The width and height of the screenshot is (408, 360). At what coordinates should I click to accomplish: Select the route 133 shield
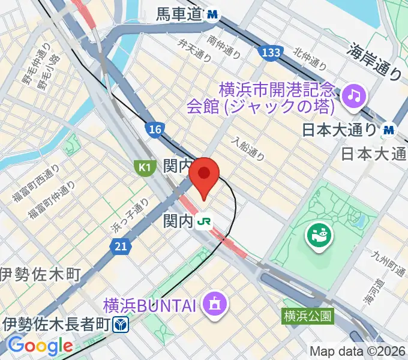point(272,53)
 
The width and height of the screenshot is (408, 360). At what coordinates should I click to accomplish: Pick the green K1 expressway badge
point(143,167)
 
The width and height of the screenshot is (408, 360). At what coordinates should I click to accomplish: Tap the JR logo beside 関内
point(205,222)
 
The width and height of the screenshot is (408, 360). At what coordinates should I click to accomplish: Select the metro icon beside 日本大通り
point(389,128)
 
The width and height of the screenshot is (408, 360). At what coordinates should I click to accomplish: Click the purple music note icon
point(354,94)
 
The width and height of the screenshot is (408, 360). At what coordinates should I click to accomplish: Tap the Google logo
point(40,346)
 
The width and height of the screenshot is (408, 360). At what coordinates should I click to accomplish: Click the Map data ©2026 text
point(358,351)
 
